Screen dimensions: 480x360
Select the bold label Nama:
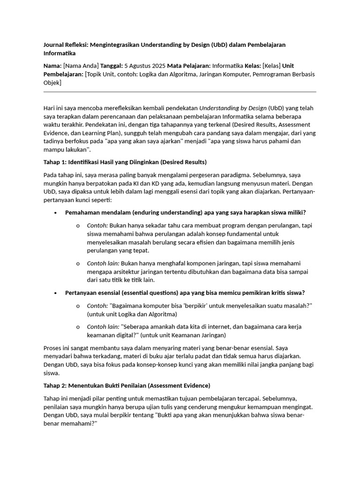(52, 66)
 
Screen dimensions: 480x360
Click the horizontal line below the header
(180, 92)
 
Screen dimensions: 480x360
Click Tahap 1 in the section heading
(54, 162)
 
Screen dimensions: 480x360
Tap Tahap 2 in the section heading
(54, 385)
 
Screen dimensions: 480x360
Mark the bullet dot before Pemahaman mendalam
(55, 213)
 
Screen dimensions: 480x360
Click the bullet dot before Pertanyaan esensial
(55, 293)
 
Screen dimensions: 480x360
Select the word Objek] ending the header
(52, 82)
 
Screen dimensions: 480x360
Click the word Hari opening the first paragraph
(49, 108)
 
